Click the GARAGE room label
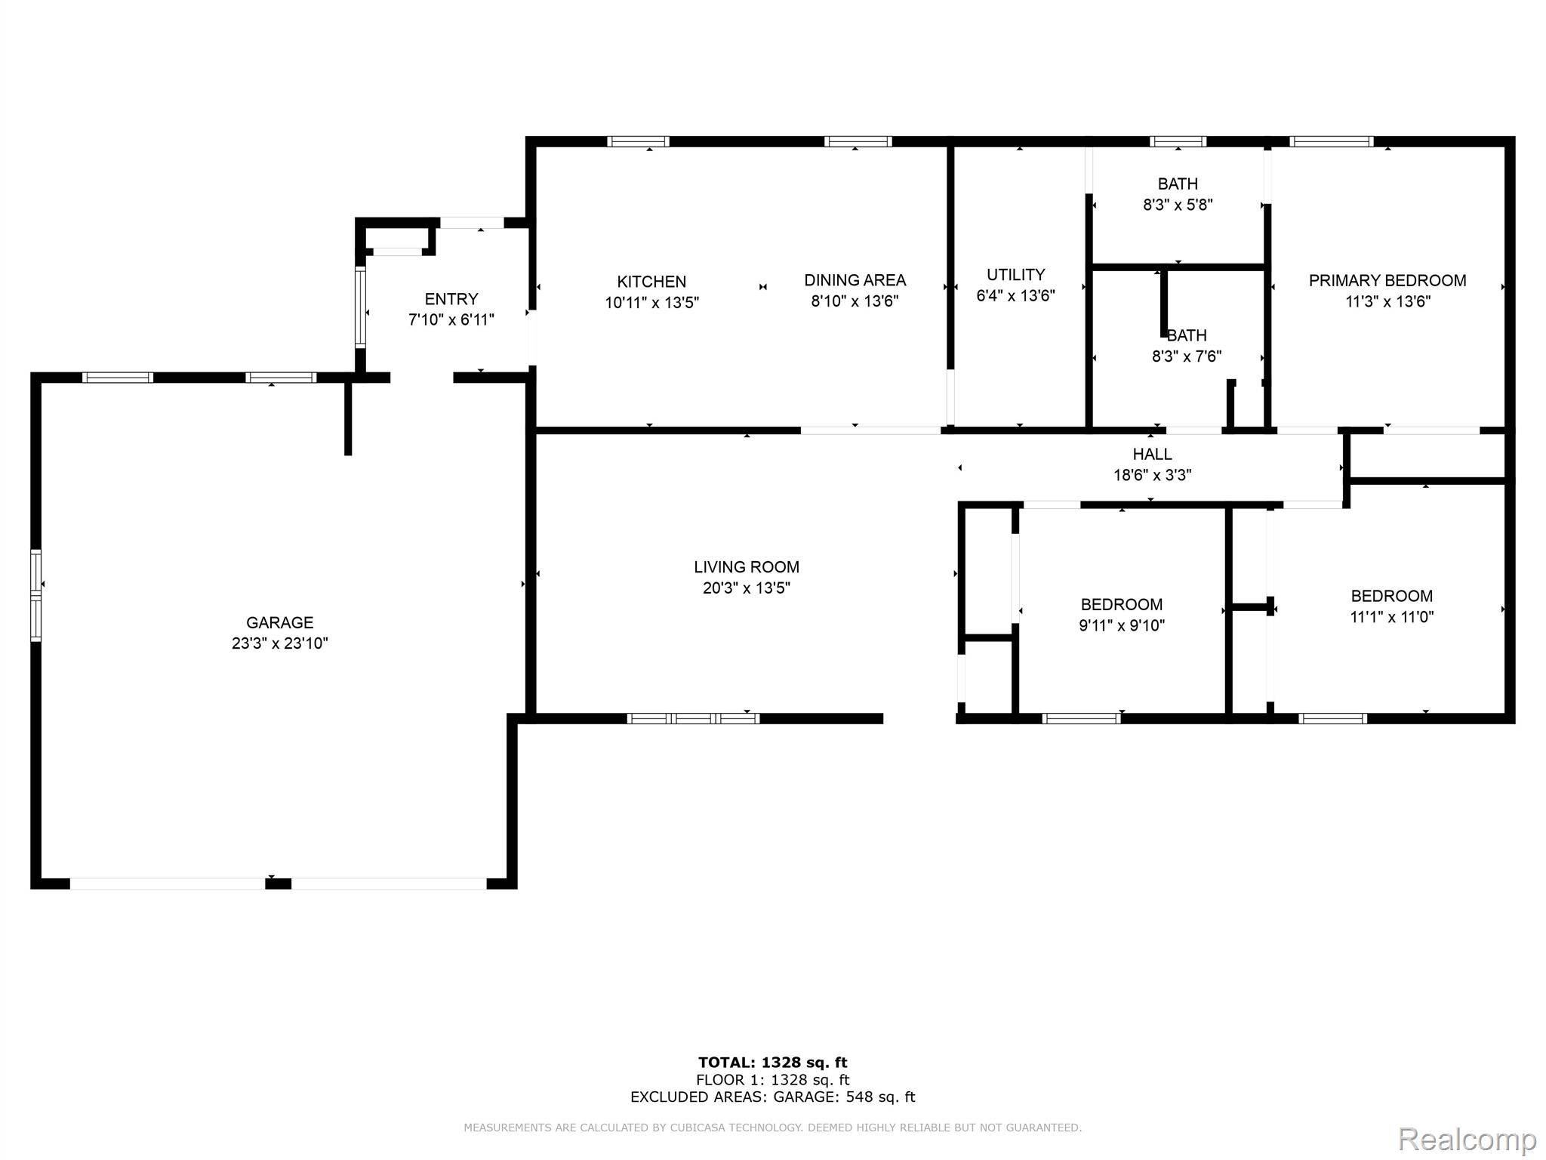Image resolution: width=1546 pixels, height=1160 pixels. tap(279, 622)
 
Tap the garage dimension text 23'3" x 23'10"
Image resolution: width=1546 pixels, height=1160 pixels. tap(279, 643)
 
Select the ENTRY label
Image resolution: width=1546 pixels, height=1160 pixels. tap(451, 299)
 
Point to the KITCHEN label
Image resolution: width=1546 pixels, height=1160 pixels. tap(651, 282)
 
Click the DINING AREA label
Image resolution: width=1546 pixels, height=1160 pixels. tap(855, 280)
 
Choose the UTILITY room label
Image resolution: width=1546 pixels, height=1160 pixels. tap(1016, 274)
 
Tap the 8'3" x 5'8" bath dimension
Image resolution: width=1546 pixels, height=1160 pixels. tap(1178, 205)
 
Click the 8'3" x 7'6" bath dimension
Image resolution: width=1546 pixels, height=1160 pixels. tap(1187, 356)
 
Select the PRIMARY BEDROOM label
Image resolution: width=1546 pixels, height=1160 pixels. tap(1387, 280)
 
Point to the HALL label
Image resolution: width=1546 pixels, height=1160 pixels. tap(1152, 454)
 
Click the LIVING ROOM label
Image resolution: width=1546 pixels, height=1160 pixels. tap(747, 567)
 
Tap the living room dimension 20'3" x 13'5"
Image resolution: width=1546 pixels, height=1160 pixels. tap(747, 588)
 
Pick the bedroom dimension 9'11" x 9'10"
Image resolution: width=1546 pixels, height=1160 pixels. tap(1122, 625)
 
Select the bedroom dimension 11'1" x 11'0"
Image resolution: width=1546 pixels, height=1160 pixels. tap(1392, 616)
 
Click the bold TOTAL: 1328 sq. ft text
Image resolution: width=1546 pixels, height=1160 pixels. tap(773, 1063)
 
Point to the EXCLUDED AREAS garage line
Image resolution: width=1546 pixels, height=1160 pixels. tap(773, 1097)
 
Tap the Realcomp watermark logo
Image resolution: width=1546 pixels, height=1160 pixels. tap(1467, 1138)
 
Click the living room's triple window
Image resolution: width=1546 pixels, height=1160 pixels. tap(693, 718)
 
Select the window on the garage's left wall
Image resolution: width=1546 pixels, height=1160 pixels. tap(35, 596)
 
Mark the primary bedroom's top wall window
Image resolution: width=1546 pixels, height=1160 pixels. tap(1331, 141)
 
